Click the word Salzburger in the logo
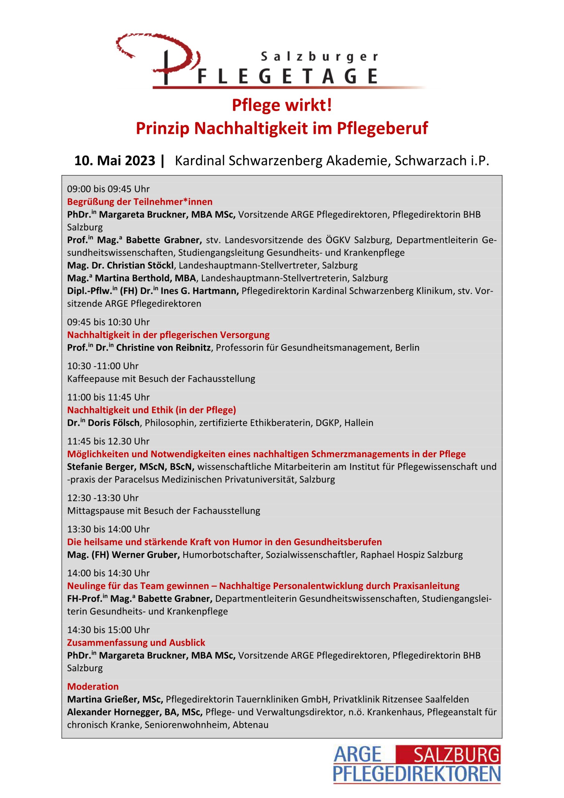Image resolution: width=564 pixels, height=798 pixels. (319, 57)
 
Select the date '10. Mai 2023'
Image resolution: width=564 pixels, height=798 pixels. (115, 161)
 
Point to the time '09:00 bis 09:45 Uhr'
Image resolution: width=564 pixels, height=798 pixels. (108, 189)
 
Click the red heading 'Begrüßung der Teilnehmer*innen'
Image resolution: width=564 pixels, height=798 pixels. (140, 202)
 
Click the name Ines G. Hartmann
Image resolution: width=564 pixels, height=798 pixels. (199, 291)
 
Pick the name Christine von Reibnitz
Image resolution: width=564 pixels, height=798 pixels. (163, 348)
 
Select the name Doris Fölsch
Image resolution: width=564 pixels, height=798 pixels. (114, 423)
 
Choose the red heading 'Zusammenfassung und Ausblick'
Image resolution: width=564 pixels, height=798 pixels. (136, 643)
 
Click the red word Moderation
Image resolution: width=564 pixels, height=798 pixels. (93, 686)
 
